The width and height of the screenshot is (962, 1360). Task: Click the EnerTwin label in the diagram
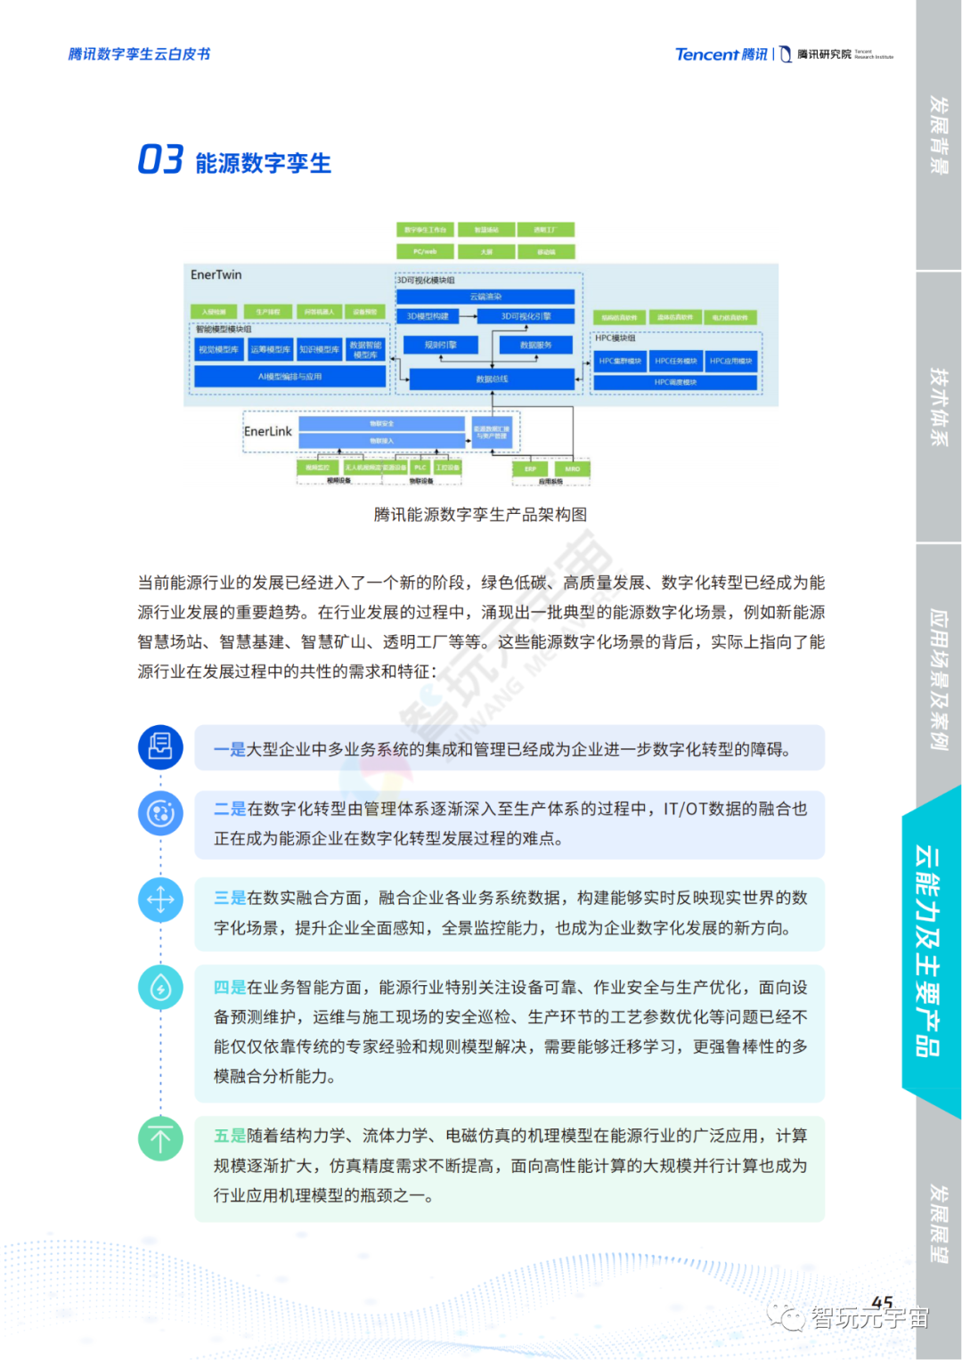coord(216,274)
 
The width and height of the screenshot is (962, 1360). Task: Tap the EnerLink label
coord(267,431)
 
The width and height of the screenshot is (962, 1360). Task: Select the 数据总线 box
coord(492,379)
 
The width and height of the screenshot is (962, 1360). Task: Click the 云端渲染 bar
coord(485,297)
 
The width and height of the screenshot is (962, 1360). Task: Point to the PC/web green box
coord(425,252)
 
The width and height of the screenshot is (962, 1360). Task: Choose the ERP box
coord(530,468)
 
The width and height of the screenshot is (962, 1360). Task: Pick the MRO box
coord(572,468)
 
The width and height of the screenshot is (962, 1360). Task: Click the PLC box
coord(420,468)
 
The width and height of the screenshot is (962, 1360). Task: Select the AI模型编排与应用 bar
coord(289,377)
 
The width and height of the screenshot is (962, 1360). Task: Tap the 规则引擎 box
coord(440,345)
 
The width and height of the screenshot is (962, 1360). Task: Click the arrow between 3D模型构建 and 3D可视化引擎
coord(468,316)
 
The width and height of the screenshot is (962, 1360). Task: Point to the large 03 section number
coord(160,160)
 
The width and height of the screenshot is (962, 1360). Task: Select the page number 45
coord(882,1302)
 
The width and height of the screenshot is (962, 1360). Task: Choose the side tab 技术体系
coord(939,406)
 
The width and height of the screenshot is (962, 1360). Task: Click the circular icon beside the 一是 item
coord(160,747)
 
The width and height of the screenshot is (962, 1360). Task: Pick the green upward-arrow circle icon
coord(160,1138)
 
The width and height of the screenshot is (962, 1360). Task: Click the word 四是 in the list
coord(230,987)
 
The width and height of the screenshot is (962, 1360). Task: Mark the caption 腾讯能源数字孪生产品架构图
coord(480,515)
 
